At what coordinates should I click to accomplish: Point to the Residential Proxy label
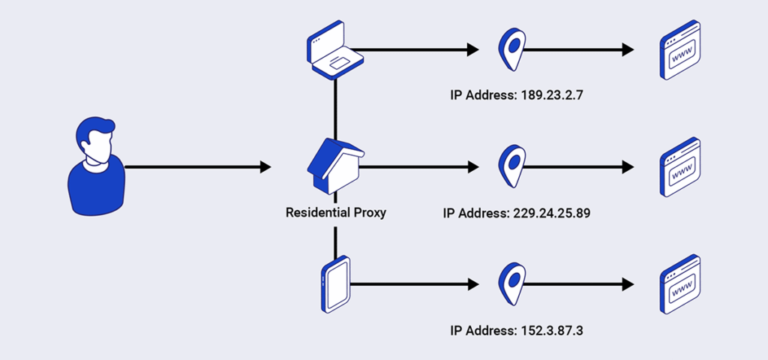point(335,212)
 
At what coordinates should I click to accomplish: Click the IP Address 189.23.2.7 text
point(516,96)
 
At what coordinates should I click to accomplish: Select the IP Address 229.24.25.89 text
point(516,213)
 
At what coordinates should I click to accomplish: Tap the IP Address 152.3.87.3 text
point(516,330)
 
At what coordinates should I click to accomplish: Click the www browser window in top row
point(679,49)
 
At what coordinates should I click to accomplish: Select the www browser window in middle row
point(679,166)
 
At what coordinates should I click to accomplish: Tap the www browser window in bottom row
point(679,284)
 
